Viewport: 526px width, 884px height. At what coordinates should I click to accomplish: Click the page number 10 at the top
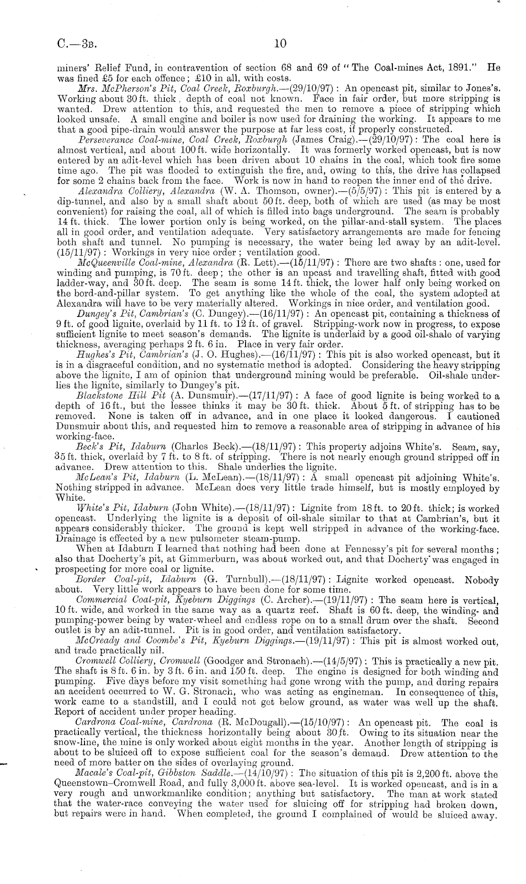click(x=280, y=44)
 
